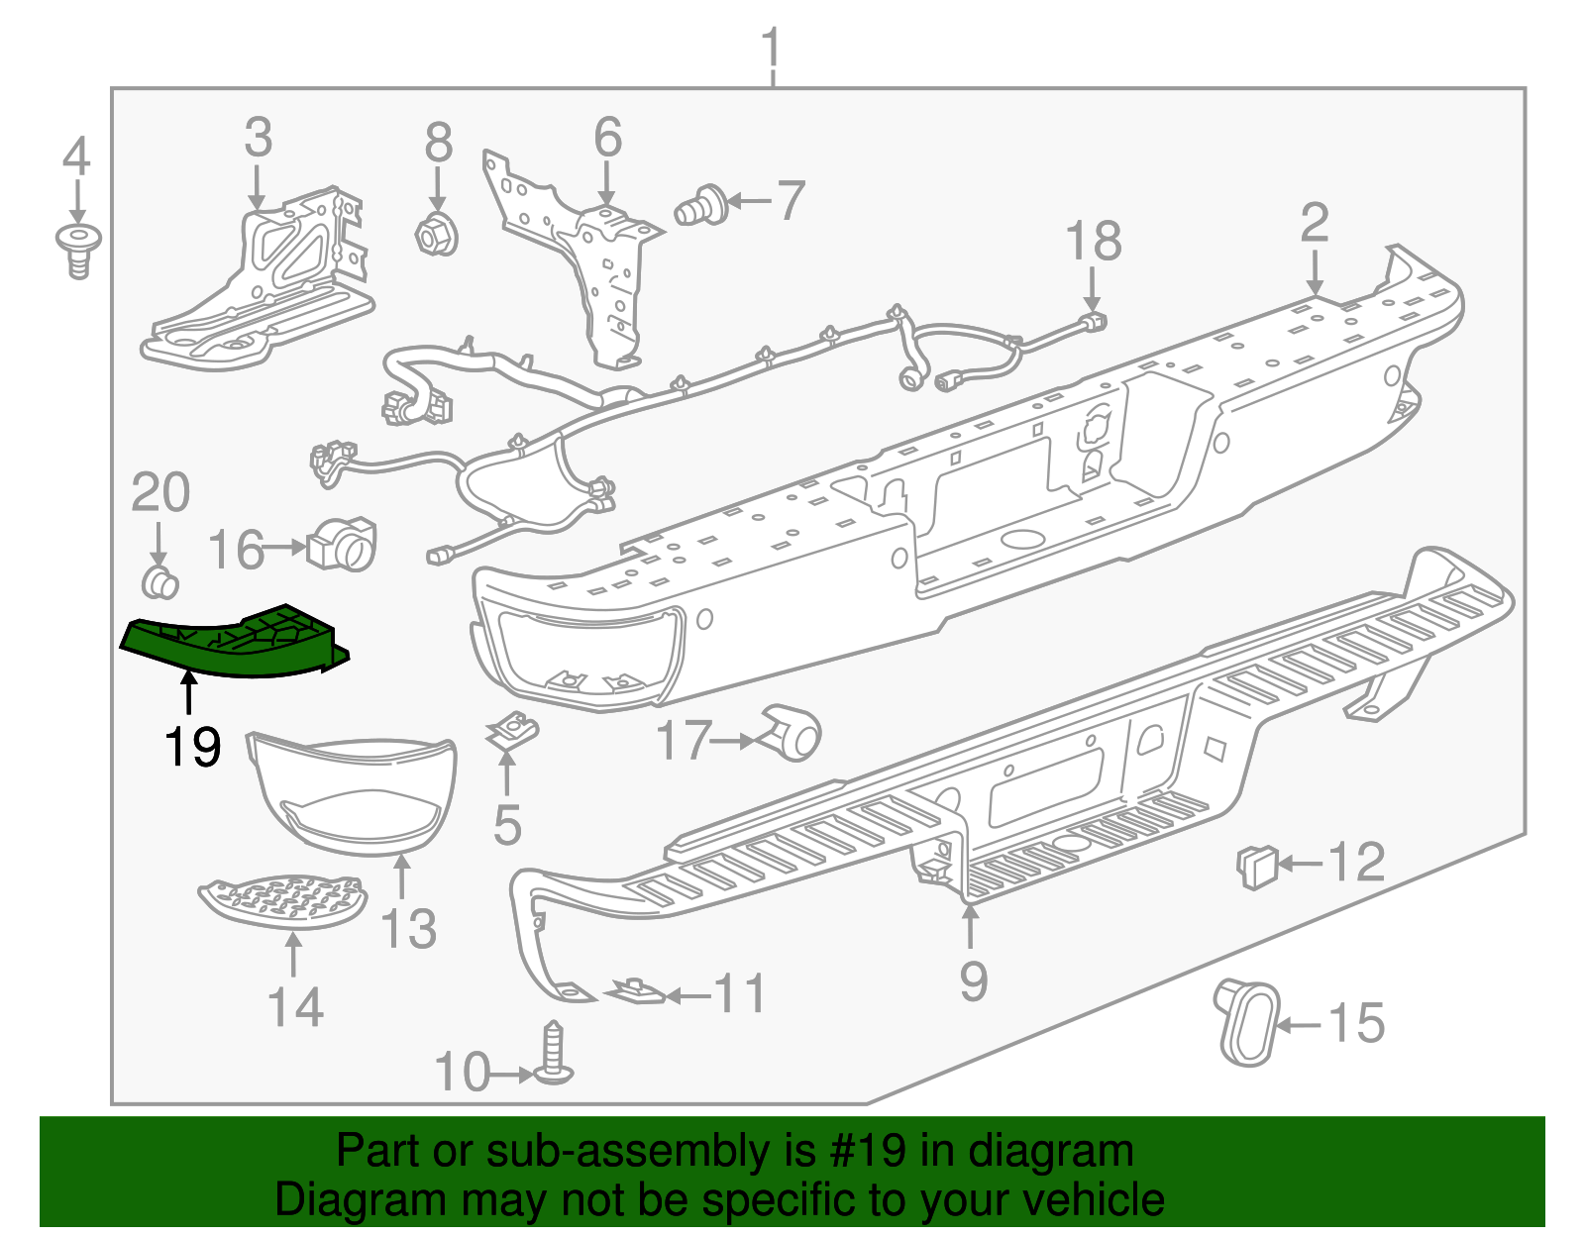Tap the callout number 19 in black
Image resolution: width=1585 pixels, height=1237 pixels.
coord(192,747)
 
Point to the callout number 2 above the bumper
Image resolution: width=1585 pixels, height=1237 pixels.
coord(1314,224)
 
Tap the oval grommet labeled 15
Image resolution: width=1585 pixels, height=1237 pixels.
coord(1248,1022)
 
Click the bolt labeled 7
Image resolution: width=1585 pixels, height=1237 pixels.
coord(701,206)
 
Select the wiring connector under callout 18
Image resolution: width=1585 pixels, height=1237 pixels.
coord(1092,322)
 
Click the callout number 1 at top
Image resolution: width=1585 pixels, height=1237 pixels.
coord(772,50)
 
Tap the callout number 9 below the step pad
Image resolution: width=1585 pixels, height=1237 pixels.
coord(973,981)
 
